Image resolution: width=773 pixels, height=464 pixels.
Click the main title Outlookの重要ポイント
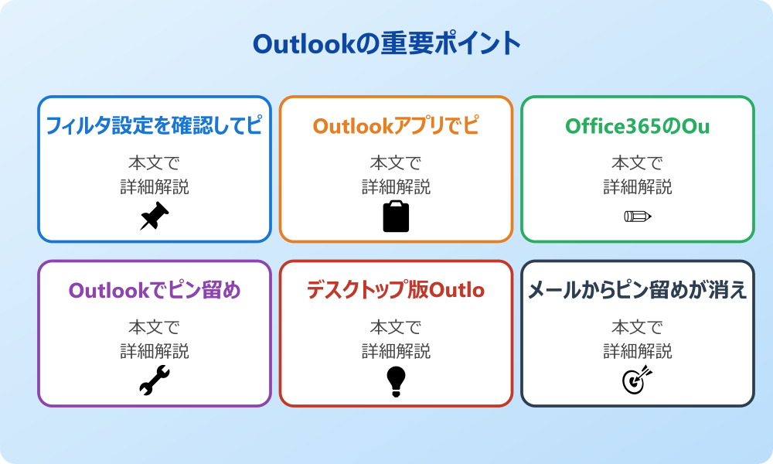point(386,43)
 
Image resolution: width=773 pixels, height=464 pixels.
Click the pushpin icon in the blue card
point(154,217)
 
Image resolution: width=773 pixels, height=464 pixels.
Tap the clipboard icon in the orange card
point(396,217)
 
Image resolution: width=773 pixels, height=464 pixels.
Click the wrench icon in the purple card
point(154,380)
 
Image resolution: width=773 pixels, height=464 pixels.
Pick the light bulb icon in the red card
point(396,380)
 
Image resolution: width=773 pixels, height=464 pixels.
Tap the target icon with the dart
point(637,380)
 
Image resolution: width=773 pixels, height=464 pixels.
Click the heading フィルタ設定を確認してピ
point(154,126)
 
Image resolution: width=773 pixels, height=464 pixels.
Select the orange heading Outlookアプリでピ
point(396,126)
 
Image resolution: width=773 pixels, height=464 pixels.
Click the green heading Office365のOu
point(637,126)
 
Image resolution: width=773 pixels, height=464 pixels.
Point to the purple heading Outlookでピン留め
point(154,291)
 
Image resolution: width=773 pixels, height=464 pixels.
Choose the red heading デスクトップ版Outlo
point(396,291)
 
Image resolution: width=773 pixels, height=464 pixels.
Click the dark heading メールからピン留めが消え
point(637,291)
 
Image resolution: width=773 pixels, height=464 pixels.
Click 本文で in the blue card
point(154,163)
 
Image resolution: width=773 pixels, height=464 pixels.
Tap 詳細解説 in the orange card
point(396,187)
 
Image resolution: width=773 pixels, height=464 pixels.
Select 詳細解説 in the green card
point(637,187)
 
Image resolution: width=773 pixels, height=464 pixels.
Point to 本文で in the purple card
point(154,327)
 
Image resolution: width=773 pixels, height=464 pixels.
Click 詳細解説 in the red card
point(396,351)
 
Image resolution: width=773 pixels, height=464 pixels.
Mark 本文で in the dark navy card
point(637,327)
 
